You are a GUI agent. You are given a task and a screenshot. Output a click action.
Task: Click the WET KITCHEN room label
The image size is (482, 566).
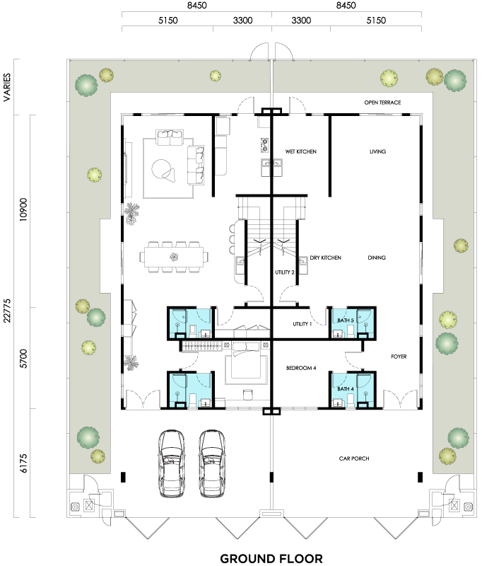click(x=300, y=151)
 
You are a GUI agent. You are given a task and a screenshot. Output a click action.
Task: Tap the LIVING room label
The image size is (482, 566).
click(x=377, y=151)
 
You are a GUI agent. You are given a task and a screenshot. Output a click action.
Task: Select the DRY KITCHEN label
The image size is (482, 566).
click(x=325, y=258)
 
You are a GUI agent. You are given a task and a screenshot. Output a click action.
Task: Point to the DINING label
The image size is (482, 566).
click(x=377, y=258)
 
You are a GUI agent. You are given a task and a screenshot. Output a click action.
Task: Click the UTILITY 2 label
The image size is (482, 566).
click(x=284, y=272)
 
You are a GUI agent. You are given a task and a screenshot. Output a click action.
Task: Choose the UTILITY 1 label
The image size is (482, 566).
click(x=302, y=324)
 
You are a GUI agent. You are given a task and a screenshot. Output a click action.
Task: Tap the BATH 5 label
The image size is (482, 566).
click(x=346, y=320)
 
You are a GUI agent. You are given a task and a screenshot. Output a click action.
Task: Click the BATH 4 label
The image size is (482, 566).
click(x=346, y=388)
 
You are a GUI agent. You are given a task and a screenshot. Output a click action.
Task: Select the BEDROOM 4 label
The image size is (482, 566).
click(x=301, y=368)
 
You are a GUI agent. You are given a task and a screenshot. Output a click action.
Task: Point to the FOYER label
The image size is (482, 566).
click(x=399, y=357)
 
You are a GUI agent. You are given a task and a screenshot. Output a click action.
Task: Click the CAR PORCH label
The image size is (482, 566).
click(x=354, y=458)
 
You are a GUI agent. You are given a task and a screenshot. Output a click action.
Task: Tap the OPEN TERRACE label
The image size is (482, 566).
click(x=382, y=103)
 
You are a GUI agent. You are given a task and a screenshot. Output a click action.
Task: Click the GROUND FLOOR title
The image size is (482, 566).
click(x=271, y=559)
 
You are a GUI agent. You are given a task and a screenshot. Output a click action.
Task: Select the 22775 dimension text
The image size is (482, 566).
click(x=7, y=311)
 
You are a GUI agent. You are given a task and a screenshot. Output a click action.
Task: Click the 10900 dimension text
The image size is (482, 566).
click(x=23, y=209)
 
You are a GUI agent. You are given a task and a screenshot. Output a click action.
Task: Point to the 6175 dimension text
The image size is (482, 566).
click(x=23, y=463)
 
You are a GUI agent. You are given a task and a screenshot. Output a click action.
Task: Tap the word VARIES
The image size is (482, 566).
click(x=7, y=87)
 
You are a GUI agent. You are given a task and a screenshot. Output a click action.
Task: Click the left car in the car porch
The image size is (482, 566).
click(x=172, y=464)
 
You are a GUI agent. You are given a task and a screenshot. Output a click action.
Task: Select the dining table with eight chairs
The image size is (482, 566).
click(x=174, y=257)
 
